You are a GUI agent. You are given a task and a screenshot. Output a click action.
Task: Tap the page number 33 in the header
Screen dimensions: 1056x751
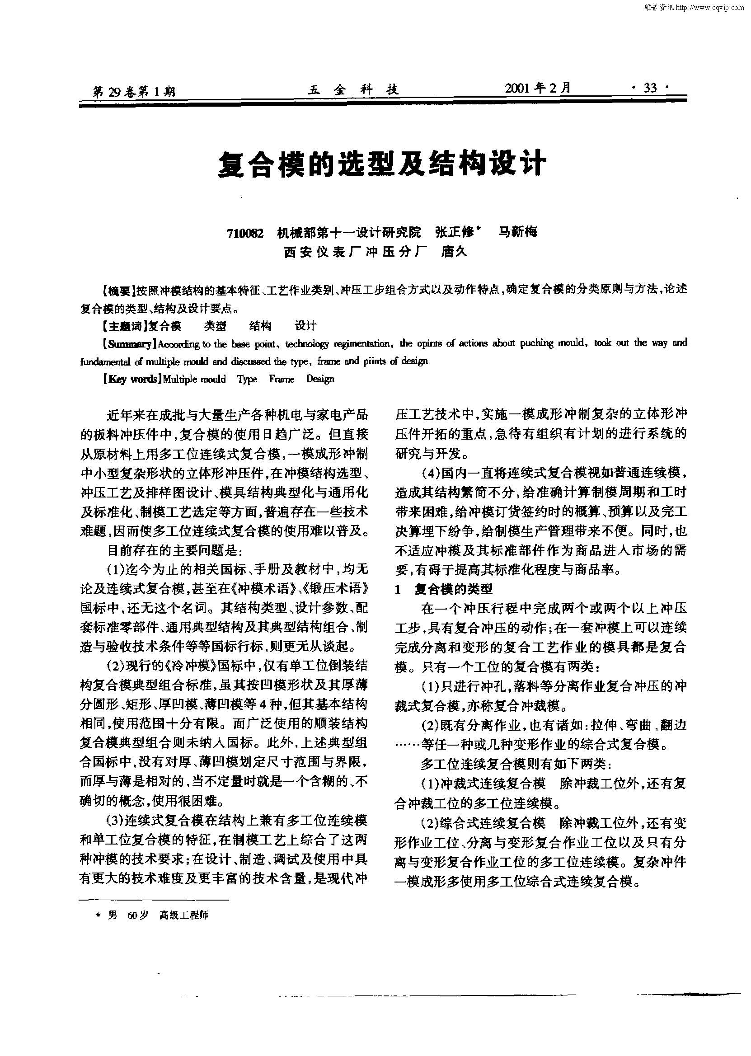coord(650,88)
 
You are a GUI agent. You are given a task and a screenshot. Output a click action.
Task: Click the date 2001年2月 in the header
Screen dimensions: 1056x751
coord(538,88)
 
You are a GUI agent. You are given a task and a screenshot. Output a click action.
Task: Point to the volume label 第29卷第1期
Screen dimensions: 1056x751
coord(134,91)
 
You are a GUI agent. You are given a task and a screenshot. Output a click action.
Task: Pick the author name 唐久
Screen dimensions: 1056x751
coord(455,252)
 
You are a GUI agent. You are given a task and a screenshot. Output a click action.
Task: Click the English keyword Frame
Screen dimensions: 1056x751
coord(281,380)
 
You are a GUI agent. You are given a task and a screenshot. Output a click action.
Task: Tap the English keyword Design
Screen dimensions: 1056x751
coord(320,380)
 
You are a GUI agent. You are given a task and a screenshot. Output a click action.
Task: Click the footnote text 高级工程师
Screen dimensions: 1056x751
coord(183,915)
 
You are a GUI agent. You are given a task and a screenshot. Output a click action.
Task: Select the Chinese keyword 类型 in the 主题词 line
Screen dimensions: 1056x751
coord(215,326)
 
